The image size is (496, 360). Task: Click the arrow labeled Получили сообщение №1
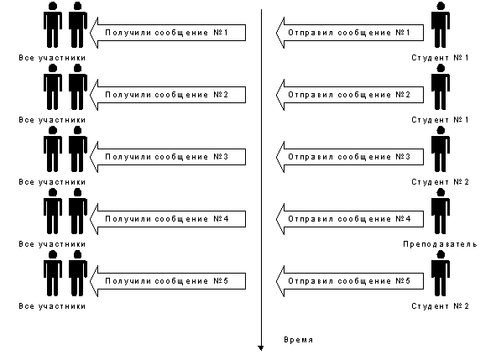168,33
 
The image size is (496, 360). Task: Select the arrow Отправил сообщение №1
350,33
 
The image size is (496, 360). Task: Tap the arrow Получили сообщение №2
168,95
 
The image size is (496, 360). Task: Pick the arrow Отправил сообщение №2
350,95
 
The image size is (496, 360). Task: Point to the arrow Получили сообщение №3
168,157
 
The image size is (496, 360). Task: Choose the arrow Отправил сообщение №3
350,157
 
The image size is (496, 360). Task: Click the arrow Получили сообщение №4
168,219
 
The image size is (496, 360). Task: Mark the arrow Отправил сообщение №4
350,219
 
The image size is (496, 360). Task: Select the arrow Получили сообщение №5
168,281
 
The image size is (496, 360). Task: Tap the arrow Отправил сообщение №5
350,281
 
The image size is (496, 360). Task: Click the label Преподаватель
440,244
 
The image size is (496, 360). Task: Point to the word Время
298,340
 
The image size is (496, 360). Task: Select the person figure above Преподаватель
441,211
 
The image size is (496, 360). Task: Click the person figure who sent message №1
441,24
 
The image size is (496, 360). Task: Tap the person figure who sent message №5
441,273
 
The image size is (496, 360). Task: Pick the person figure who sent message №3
441,149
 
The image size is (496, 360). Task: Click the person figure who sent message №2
441,86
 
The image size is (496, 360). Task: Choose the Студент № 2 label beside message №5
440,306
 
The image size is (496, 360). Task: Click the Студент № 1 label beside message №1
440,58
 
